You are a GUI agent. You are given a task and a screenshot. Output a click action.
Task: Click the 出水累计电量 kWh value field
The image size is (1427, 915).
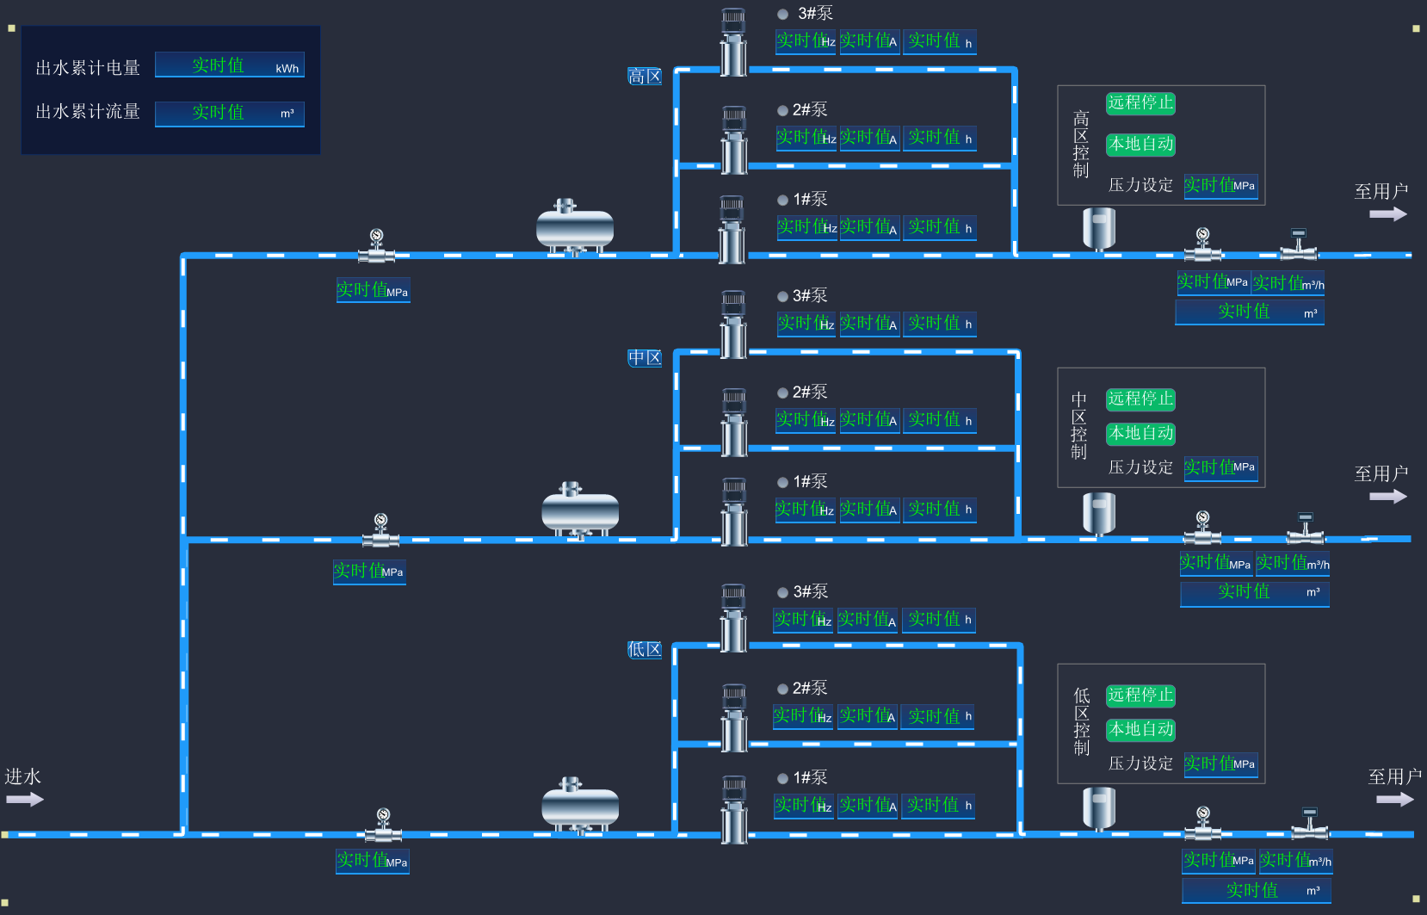[x=229, y=65]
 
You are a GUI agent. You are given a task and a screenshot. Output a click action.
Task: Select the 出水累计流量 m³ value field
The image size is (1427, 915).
[x=229, y=113]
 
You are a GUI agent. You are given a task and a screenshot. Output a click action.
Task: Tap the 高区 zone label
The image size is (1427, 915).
[x=645, y=77]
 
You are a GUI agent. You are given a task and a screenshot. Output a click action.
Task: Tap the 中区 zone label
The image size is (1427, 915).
[x=645, y=358]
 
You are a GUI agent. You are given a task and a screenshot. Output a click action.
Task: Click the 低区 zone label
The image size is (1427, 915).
[x=645, y=650]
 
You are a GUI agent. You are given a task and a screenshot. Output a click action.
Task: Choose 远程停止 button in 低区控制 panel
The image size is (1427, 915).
[x=1140, y=695]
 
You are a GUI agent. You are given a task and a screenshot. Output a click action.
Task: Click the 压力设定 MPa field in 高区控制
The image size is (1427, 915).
[x=1220, y=185]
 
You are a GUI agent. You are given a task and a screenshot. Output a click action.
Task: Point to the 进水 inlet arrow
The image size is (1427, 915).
[x=24, y=800]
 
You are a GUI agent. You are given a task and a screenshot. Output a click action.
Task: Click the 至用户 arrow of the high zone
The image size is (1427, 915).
[x=1387, y=214]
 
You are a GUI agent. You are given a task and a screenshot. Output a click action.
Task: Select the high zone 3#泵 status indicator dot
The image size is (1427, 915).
[x=783, y=14]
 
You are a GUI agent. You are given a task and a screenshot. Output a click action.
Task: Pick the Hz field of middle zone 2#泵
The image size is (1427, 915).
[x=806, y=420]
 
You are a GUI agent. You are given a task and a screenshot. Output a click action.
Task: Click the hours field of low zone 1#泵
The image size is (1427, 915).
[x=938, y=806]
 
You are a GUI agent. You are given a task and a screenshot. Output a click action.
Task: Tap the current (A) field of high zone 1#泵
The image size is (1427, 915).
[x=869, y=227]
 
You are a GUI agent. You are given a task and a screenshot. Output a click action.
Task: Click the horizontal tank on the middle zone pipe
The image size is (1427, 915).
[x=580, y=512]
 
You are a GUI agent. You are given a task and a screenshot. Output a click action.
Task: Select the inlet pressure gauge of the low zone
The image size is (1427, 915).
[x=383, y=826]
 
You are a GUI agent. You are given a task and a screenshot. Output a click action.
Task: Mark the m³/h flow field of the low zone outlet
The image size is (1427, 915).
[x=1295, y=860]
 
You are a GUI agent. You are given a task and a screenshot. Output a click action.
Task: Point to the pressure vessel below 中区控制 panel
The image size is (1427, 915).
[x=1099, y=513]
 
